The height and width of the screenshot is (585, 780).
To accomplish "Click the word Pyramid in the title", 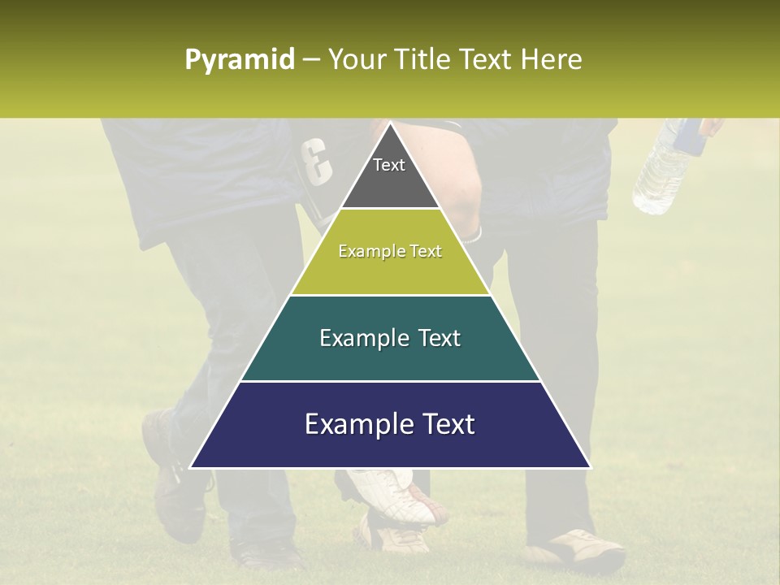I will (239, 60).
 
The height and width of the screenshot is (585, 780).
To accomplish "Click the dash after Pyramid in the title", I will (310, 60).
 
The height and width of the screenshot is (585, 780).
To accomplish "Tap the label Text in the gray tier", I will (389, 165).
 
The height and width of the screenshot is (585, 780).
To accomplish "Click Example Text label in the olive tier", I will (390, 252).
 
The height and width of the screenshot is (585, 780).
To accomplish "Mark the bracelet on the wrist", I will (474, 236).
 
